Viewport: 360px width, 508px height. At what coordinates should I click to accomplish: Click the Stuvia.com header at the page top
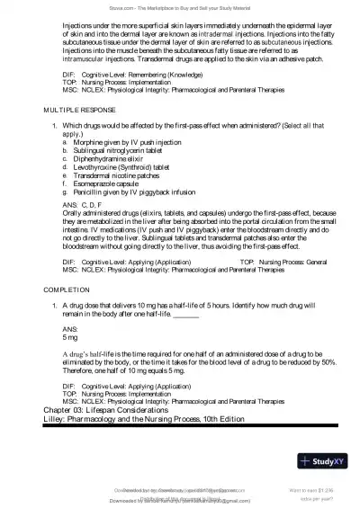(180, 6)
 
